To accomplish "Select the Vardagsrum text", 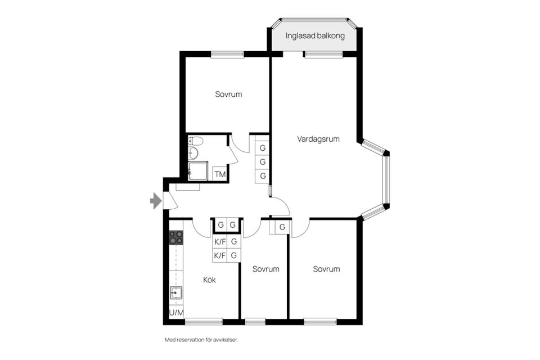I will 318,139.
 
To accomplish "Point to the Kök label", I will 209,280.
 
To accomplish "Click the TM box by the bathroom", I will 220,174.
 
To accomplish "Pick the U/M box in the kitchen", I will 176,313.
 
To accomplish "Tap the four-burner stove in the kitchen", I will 176,237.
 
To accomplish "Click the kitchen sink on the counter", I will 176,292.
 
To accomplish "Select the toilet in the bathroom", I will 195,141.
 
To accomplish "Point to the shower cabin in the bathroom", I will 197,171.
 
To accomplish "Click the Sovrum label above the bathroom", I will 228,94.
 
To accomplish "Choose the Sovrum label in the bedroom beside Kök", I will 265,269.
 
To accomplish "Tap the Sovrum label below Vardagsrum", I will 326,269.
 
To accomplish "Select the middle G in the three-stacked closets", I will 262,162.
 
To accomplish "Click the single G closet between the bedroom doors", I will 282,227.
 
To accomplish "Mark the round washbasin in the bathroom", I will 194,152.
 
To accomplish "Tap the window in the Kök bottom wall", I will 203,322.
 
